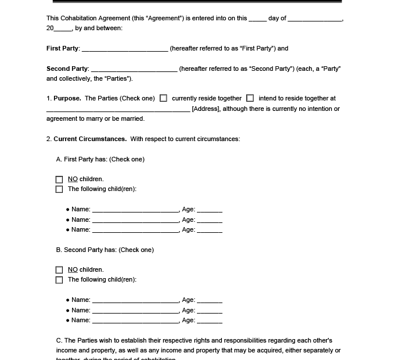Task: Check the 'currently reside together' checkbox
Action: pos(163,99)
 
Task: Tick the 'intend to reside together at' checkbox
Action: pos(250,99)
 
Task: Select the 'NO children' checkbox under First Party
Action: pos(59,179)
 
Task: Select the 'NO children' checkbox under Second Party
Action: pos(59,270)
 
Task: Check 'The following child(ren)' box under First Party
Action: pos(59,189)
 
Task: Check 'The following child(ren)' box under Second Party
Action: pos(59,280)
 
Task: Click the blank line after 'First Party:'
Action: pos(125,49)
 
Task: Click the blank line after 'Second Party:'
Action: pos(134,69)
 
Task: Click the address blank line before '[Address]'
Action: pos(118,109)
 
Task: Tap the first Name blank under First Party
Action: pos(135,210)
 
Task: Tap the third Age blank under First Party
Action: pos(210,231)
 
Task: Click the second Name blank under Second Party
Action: pos(135,311)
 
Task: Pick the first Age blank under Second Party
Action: pos(210,301)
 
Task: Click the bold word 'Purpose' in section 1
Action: pos(67,99)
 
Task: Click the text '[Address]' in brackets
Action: pos(206,109)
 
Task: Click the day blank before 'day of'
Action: pos(257,19)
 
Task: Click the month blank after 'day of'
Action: pos(315,19)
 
